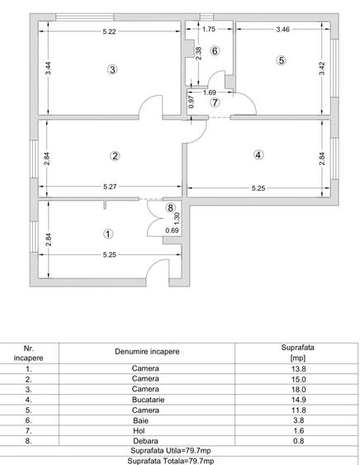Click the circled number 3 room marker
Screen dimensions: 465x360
pyautogui.click(x=112, y=69)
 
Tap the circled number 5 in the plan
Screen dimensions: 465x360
pyautogui.click(x=281, y=60)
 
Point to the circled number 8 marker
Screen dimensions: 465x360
pyautogui.click(x=171, y=209)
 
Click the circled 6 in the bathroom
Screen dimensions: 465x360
pyautogui.click(x=215, y=51)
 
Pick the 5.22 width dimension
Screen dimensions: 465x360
pyautogui.click(x=109, y=31)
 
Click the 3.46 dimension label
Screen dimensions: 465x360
pyautogui.click(x=282, y=31)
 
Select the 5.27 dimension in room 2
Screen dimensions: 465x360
pyautogui.click(x=110, y=187)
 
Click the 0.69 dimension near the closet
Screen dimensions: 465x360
pyautogui.click(x=172, y=230)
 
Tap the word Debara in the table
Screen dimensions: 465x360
pyautogui.click(x=145, y=441)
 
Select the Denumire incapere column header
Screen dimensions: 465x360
pyautogui.click(x=146, y=352)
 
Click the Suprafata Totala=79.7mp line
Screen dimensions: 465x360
pyautogui.click(x=180, y=460)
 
